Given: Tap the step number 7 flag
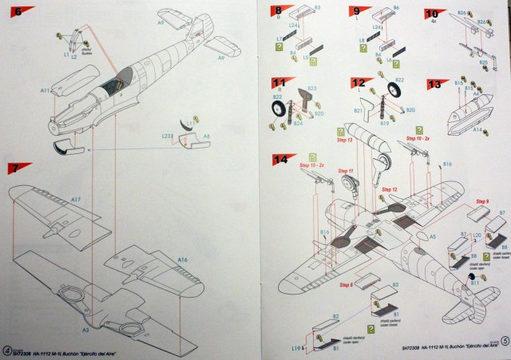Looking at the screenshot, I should (x=17, y=170).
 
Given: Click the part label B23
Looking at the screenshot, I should (x=312, y=88).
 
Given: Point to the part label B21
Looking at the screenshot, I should (x=358, y=109).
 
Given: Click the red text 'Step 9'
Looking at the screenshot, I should (x=481, y=201).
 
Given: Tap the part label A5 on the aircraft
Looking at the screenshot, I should (x=433, y=237).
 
